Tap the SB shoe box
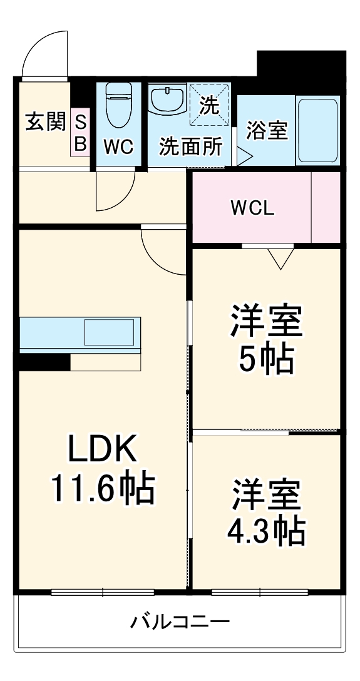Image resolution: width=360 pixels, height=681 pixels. click(80, 133)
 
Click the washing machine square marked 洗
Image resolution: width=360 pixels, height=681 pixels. click(210, 105)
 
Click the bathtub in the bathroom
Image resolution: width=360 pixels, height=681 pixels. click(317, 131)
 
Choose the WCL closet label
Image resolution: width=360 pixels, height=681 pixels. click(252, 208)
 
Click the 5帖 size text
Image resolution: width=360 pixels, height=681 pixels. click(267, 359)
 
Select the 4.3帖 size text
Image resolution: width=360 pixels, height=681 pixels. click(267, 531)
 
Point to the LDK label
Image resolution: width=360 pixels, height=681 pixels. click(101, 449)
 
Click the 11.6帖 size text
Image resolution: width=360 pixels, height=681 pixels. click(101, 490)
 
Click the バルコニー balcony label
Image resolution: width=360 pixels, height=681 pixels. click(180, 622)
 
